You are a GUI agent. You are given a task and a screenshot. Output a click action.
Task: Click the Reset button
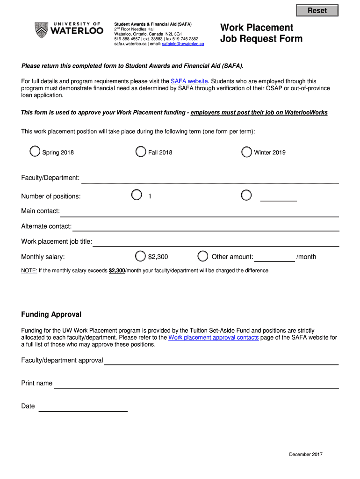pyautogui.click(x=317, y=10)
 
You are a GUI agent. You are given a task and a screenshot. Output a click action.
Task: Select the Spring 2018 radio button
pyautogui.click(x=35, y=152)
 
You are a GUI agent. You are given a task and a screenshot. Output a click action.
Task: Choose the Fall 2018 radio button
pyautogui.click(x=140, y=152)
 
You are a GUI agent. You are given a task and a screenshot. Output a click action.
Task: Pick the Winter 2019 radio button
pyautogui.click(x=246, y=152)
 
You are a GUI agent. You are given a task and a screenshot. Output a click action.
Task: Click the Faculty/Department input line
pyautogui.click(x=210, y=179)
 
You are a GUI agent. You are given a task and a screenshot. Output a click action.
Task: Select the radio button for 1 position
pyautogui.click(x=137, y=195)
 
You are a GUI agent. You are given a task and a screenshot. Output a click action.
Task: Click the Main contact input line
pyautogui.click(x=200, y=212)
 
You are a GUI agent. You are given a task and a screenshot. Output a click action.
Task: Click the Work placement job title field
pyautogui.click(x=216, y=242)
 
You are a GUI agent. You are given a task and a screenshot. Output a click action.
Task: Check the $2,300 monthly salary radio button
pyautogui.click(x=140, y=256)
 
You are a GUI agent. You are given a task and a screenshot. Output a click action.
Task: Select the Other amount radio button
pyautogui.click(x=203, y=256)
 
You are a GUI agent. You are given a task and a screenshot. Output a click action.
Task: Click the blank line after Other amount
pyautogui.click(x=274, y=257)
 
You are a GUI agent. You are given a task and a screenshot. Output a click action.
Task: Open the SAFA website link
pyautogui.click(x=189, y=81)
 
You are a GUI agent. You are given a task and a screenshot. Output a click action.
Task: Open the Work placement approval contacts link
pyautogui.click(x=213, y=337)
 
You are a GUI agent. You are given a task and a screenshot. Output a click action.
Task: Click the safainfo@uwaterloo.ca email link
pyautogui.click(x=183, y=44)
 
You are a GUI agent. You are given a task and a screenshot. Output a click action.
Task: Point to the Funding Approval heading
pyautogui.click(x=51, y=314)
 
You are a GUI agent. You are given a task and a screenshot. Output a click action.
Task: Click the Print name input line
pyautogui.click(x=196, y=385)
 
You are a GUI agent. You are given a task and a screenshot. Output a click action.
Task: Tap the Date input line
pyautogui.click(x=83, y=407)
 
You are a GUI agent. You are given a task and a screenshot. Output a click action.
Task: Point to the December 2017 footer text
pyautogui.click(x=306, y=454)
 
